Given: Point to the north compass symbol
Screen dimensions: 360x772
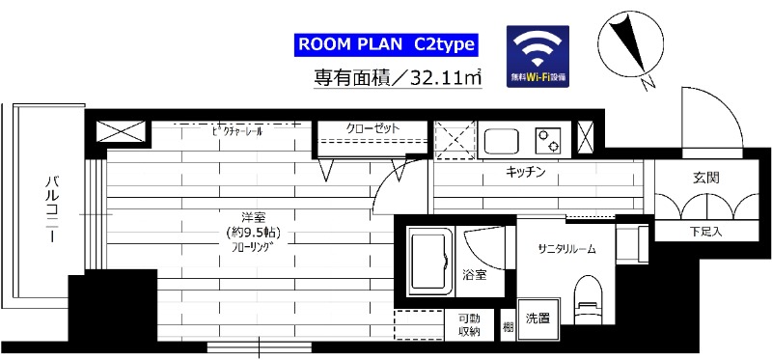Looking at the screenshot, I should click(x=628, y=47).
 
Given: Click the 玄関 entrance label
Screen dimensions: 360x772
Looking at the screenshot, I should click(x=705, y=179).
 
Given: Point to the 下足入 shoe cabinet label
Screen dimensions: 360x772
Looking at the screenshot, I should click(x=705, y=232).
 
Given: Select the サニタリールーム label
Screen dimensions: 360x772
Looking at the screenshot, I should click(x=566, y=248).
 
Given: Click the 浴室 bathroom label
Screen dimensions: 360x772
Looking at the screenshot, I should click(x=474, y=275).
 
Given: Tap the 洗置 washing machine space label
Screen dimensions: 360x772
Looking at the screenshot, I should click(x=538, y=318).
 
